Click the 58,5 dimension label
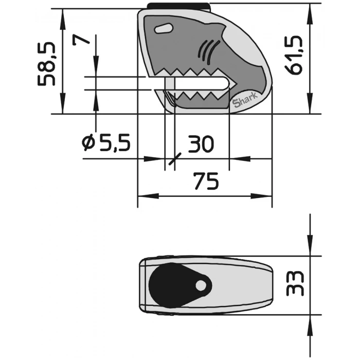coord(48,64)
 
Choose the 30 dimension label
coord(201,145)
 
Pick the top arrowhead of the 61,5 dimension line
coord(310,15)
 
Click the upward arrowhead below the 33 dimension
coord(310,321)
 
